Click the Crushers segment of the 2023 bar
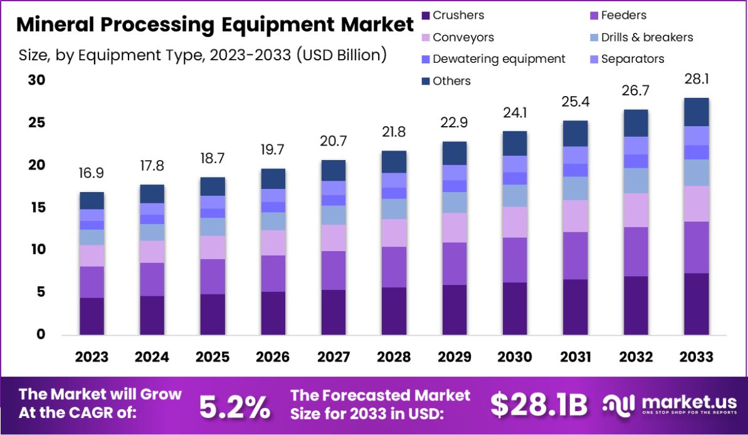[92, 316]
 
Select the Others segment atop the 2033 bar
[696, 112]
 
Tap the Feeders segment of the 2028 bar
[394, 267]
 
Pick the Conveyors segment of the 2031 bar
[575, 216]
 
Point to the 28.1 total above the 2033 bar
[696, 79]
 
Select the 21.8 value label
[394, 132]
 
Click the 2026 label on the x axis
[273, 357]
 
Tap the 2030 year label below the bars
[515, 357]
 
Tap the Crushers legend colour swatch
[425, 16]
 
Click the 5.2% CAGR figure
[234, 406]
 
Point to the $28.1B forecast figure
[539, 405]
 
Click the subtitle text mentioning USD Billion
[202, 55]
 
